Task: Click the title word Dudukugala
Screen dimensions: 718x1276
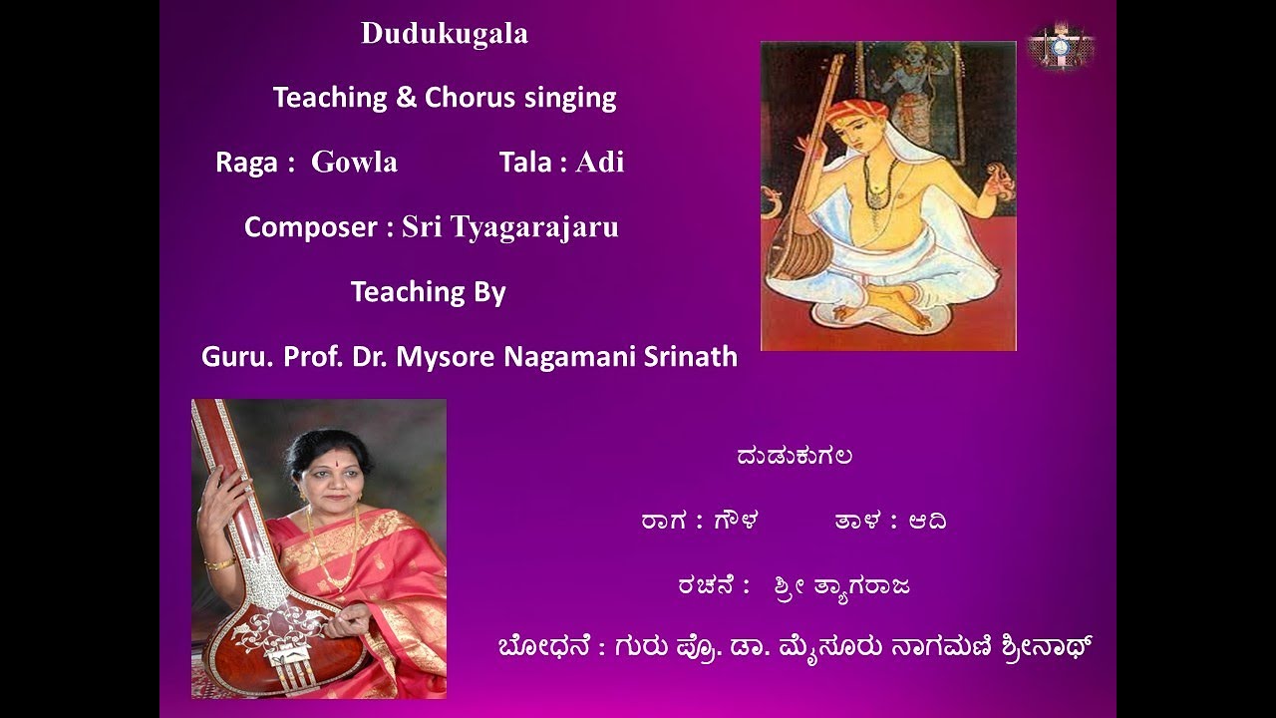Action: point(445,35)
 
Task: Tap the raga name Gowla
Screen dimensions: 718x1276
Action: point(354,163)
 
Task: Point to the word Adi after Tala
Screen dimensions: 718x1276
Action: point(600,163)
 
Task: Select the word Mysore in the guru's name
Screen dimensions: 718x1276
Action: point(446,357)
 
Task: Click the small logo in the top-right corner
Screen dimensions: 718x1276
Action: point(1061,46)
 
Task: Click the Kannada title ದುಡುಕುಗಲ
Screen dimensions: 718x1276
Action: point(794,457)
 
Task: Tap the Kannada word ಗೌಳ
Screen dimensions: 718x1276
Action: point(736,522)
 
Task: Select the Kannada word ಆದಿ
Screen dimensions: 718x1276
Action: point(926,522)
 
